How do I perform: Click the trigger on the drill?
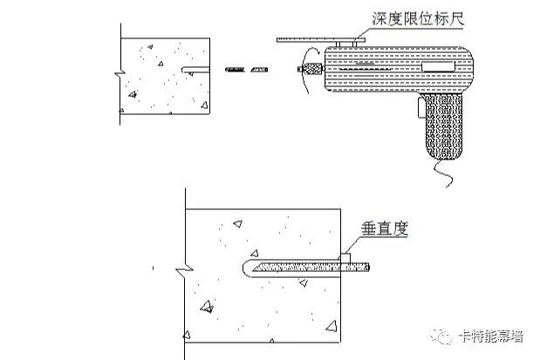[x=420, y=107]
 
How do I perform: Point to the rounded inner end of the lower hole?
[x=247, y=266]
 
